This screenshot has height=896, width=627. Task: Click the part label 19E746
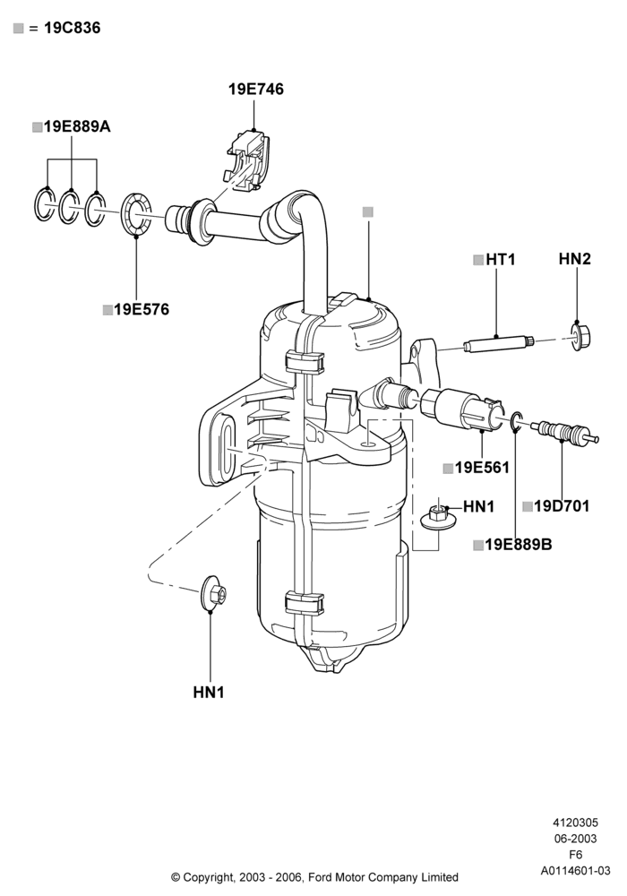tap(256, 89)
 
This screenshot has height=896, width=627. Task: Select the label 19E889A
tap(77, 127)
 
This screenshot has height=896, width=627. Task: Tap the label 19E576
tap(142, 310)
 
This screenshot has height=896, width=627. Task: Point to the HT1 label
tap(500, 260)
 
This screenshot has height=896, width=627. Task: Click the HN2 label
tap(574, 259)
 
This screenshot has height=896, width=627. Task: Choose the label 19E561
tap(482, 468)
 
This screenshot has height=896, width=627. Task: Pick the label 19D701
tap(562, 505)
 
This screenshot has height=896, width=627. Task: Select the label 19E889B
tap(519, 545)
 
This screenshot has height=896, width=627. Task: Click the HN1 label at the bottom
tap(209, 693)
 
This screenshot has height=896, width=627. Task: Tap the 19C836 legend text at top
tap(72, 28)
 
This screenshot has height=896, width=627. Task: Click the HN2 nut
tap(580, 337)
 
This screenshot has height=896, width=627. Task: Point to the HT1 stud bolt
tap(499, 345)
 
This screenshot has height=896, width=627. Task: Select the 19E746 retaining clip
tap(249, 160)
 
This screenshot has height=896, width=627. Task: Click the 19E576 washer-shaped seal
tap(136, 214)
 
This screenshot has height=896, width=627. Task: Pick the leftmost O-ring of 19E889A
tap(45, 203)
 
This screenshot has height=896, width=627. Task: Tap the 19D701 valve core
tap(564, 432)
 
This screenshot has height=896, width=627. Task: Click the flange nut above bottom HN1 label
tap(213, 594)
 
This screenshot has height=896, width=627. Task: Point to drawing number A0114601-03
tap(576, 871)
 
